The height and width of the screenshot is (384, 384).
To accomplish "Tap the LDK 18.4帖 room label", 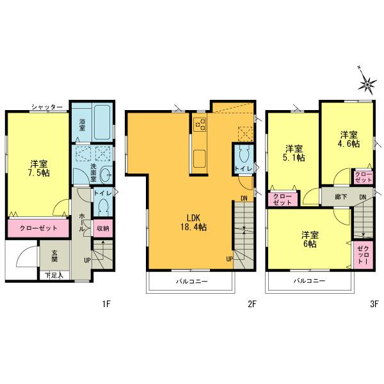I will pyautogui.click(x=192, y=221).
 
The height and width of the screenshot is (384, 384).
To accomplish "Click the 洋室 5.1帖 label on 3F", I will pyautogui.click(x=293, y=151).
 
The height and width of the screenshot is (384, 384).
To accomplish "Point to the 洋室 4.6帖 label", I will pyautogui.click(x=349, y=139).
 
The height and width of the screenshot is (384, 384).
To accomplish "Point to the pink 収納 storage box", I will pyautogui.click(x=103, y=227).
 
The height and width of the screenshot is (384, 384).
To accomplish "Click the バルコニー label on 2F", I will pyautogui.click(x=191, y=281).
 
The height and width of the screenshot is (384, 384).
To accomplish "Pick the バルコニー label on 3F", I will pyautogui.click(x=309, y=281).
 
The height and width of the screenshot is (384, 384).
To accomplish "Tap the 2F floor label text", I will pyautogui.click(x=252, y=305).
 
